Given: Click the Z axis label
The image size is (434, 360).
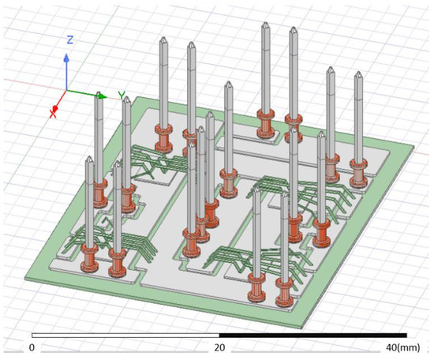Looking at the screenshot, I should (x=69, y=39).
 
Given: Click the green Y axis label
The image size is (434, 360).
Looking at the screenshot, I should (x=122, y=96).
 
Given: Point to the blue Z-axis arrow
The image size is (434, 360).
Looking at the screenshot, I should (x=67, y=67).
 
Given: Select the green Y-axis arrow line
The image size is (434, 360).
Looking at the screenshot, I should (x=91, y=92).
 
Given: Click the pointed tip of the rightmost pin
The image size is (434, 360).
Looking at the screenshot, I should (x=359, y=75).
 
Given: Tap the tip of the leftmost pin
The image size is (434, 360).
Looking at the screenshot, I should (x=90, y=160).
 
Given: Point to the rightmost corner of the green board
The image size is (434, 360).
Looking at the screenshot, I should (x=415, y=148).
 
